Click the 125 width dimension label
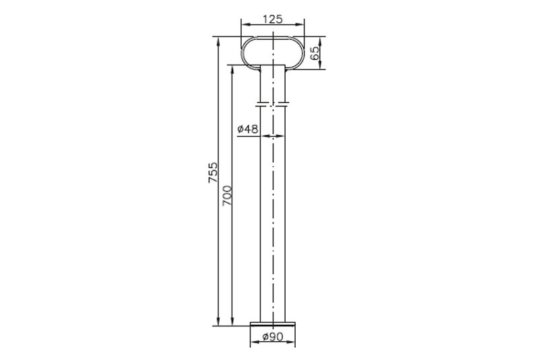tap(273, 20)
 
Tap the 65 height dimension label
tap(315, 53)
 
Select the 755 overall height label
tap(213, 173)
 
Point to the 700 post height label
tap(227, 196)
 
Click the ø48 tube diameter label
tap(247, 129)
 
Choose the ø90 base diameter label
tap(273, 337)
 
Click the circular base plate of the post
tap(273, 324)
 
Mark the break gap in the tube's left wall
tap(260, 104)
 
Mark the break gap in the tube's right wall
tap(285, 104)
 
